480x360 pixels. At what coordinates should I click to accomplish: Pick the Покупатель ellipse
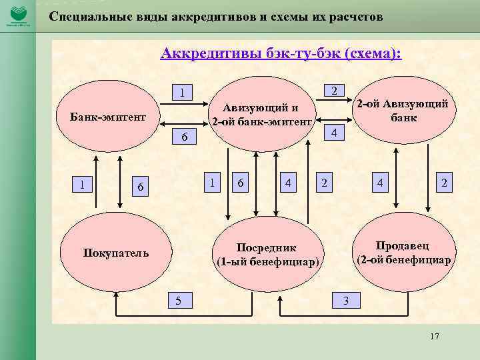(116, 253)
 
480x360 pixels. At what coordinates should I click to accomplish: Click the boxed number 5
(178, 300)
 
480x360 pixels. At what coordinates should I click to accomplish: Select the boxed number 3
(345, 300)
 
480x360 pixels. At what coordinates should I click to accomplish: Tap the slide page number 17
(435, 337)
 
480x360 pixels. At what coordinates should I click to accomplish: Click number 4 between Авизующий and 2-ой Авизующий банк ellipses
(337, 133)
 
